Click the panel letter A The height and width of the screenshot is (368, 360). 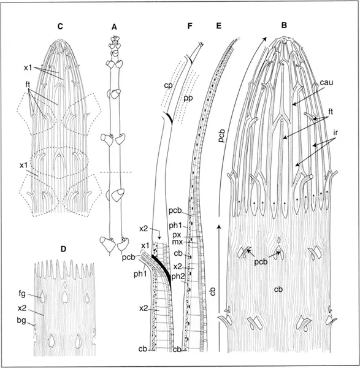pos(114,27)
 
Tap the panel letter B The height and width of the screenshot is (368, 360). pos(284,25)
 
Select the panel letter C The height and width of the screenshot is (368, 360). pos(60,26)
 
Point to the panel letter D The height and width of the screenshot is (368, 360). pos(63,249)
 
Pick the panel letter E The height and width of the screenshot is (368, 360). pos(219,26)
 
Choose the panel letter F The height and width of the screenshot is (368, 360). pos(190,26)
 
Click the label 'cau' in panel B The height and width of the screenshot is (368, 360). pos(326,82)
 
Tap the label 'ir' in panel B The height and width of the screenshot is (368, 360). pos(335,132)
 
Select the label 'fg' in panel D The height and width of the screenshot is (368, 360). pos(22,294)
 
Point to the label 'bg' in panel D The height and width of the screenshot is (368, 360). pos(21,321)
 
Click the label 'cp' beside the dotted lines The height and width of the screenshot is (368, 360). pos(168,86)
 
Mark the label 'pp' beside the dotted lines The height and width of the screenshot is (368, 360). pos(188,98)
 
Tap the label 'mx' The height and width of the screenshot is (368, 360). pos(178,241)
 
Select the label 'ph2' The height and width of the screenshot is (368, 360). pos(177,277)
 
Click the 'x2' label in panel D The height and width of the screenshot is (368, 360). pos(22,308)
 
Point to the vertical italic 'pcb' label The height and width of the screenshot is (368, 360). pos(222,136)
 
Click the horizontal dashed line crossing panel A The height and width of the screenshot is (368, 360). pos(116,172)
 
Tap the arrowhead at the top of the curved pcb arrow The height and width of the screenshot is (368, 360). pos(265,39)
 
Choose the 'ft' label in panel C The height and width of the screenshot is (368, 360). pos(28,85)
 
